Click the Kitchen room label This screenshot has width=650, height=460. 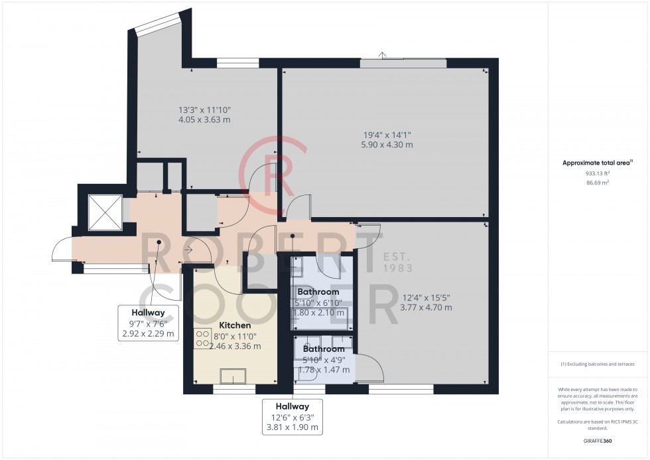click(235, 326)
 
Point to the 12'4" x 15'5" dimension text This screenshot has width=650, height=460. click(428, 297)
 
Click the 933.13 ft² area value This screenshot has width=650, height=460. click(598, 173)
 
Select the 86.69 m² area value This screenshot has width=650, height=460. click(598, 181)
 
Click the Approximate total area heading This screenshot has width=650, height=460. click(598, 163)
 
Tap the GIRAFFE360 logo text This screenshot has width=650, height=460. click(598, 439)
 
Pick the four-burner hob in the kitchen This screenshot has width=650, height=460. click(202, 339)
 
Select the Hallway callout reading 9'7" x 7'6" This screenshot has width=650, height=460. click(148, 323)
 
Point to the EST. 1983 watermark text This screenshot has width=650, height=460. click(398, 263)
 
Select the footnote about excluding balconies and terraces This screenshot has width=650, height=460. click(598, 364)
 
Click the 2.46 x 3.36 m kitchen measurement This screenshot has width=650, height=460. click(235, 346)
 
